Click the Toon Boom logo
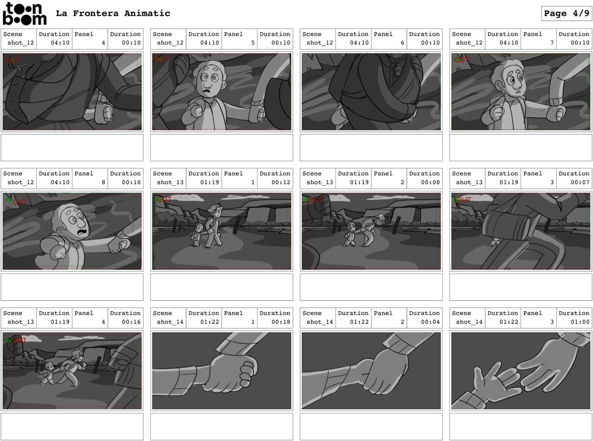pyautogui.click(x=24, y=14)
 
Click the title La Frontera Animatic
pyautogui.click(x=113, y=14)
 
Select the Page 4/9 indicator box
pyautogui.click(x=566, y=14)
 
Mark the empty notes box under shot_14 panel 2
pyautogui.click(x=371, y=426)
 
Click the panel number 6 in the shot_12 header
pyautogui.click(x=403, y=43)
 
